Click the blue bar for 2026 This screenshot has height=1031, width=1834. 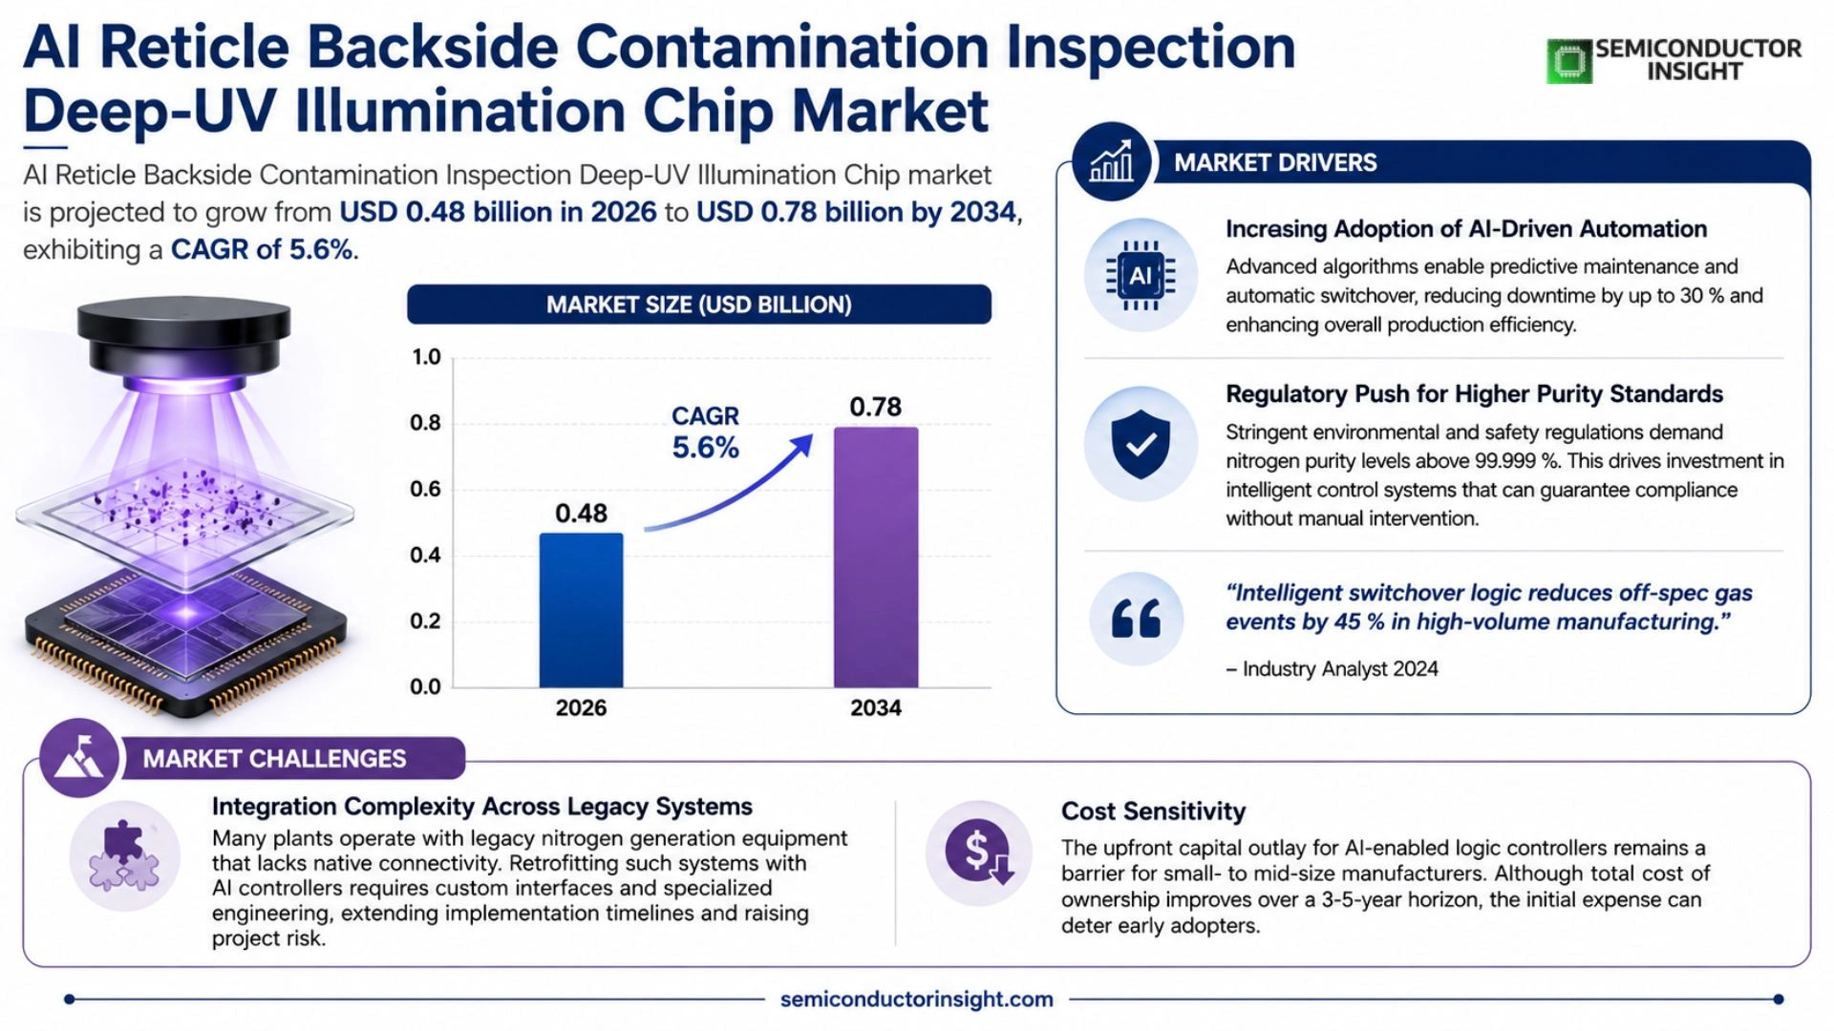581,610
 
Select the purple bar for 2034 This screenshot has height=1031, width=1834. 876,558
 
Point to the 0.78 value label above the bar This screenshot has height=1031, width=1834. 876,407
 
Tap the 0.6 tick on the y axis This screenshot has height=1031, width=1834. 425,489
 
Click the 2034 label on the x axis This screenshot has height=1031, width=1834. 876,707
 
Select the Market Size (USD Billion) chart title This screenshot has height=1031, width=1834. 699,305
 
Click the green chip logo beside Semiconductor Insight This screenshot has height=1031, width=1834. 1569,61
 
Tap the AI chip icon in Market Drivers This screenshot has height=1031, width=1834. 1141,276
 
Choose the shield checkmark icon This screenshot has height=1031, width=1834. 1141,444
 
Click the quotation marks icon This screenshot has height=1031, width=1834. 1137,619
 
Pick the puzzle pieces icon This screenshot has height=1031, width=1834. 124,855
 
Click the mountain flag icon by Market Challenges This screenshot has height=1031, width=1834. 80,757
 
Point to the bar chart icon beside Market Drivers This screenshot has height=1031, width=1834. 1112,161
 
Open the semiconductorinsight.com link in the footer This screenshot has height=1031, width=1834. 917,999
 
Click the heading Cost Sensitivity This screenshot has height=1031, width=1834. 1153,811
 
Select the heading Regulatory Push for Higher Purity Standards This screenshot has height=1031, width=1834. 1475,394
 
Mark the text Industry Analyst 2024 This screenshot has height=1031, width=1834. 1340,668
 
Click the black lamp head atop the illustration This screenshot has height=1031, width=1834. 183,339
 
